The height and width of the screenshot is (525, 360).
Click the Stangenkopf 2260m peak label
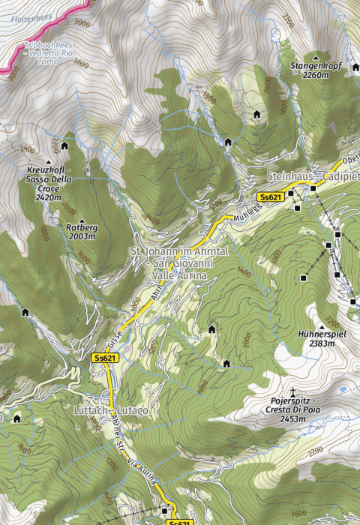315,70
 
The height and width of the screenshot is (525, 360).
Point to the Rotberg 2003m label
81,232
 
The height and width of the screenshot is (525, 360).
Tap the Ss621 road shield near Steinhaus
269,196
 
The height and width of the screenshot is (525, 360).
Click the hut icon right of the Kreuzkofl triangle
64,145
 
